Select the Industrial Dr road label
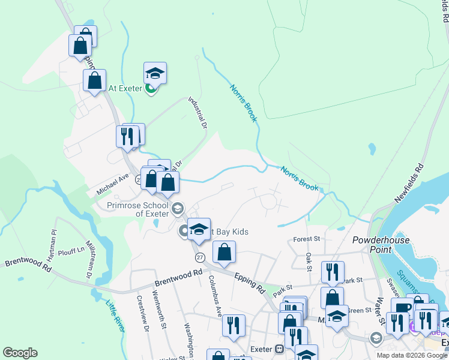[x=197, y=113]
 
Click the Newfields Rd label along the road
[x=409, y=182]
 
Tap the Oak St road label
[x=309, y=261]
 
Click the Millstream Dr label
[x=89, y=259]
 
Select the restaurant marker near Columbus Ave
[x=234, y=325]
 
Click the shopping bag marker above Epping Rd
[x=224, y=252]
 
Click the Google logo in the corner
[x=20, y=353]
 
